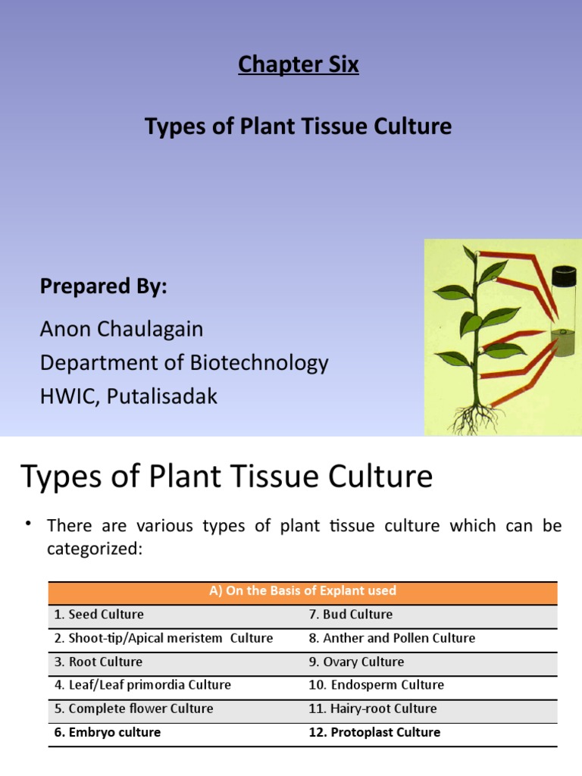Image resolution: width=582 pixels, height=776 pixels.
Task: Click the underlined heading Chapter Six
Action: point(298,65)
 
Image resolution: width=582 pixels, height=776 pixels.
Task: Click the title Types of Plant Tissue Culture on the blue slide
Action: point(298,126)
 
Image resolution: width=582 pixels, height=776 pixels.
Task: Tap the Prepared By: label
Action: point(103,287)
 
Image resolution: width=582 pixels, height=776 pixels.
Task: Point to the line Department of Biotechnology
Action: point(184,362)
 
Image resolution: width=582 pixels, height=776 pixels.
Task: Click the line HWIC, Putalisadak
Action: point(128,396)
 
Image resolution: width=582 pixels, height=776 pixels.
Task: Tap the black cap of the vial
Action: point(564,274)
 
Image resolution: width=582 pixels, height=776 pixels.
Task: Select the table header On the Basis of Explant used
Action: point(302,591)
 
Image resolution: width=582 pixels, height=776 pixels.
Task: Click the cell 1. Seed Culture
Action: point(99,614)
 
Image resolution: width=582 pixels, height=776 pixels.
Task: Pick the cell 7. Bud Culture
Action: point(350,614)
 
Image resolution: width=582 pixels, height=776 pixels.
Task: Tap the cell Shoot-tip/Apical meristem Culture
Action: point(163,638)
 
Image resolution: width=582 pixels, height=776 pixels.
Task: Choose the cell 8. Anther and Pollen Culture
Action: point(392,638)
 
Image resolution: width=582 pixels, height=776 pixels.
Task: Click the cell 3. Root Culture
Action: point(98,662)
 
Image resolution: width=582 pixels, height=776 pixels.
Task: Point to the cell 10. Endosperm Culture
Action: point(376,685)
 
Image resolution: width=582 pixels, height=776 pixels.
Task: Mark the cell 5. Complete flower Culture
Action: point(133,709)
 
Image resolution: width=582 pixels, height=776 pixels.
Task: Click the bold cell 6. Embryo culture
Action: point(107,732)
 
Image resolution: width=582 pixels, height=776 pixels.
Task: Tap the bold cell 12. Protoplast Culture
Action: point(374,732)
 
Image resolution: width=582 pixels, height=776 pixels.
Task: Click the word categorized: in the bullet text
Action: point(95,549)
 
